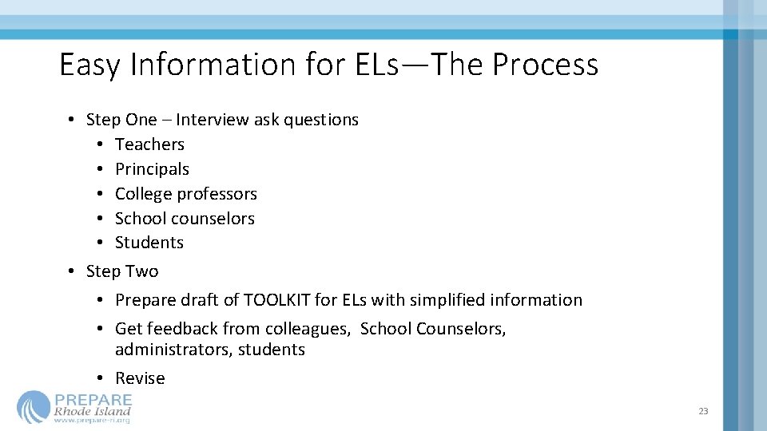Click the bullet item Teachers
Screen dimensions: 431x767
149,144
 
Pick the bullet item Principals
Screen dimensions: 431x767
152,169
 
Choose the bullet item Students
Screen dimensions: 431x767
149,243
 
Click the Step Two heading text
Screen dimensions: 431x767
122,271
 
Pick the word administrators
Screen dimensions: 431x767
173,350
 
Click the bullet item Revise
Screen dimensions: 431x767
140,378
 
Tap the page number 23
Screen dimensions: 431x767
703,411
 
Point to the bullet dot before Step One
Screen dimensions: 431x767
71,120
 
